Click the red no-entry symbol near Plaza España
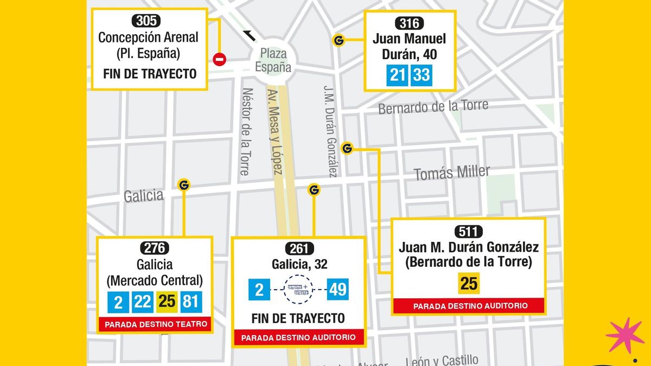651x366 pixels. coord(220,60)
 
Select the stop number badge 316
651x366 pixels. coord(410,23)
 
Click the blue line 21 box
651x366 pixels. coord(398,75)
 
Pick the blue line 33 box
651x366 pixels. coord(422,75)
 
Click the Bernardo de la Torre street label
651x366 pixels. coord(433,106)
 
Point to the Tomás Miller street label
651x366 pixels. coord(451,174)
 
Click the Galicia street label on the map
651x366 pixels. coord(143,195)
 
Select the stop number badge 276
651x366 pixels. coord(155,248)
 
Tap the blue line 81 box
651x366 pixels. coord(191,301)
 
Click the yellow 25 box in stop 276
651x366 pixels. coord(167,301)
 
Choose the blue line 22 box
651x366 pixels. coord(143,301)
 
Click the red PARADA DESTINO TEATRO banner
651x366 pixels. coord(156,325)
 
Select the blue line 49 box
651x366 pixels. coord(337,290)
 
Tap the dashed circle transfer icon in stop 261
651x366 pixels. coord(298,290)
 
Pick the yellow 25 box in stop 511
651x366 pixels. coord(468,283)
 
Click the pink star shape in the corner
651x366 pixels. coord(625,335)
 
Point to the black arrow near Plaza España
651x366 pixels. coord(250,36)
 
